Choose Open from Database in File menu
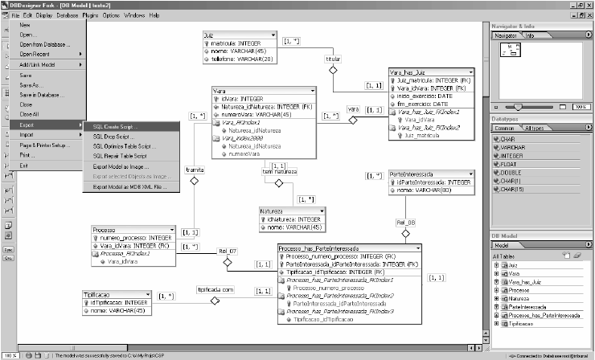pyautogui.click(x=43, y=44)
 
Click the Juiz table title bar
pyautogui.click(x=241, y=36)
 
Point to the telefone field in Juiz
pyautogui.click(x=240, y=59)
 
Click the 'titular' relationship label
pyautogui.click(x=332, y=59)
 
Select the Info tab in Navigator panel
pyautogui.click(x=530, y=35)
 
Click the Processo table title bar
pyautogui.click(x=128, y=229)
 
